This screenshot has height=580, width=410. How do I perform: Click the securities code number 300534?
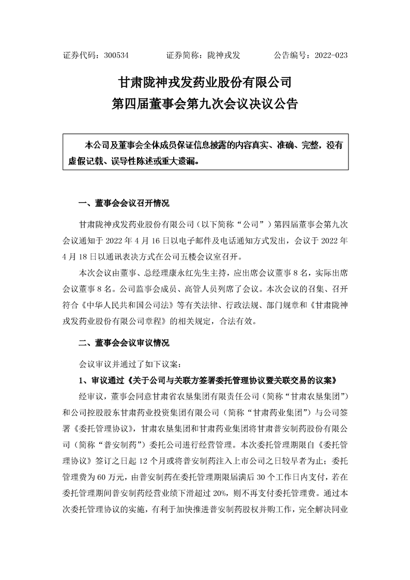click(x=116, y=55)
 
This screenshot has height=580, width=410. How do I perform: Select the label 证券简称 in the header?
click(x=183, y=55)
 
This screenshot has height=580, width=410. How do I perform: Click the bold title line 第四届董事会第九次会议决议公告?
click(x=205, y=103)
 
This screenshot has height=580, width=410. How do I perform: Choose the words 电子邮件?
click(x=194, y=240)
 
